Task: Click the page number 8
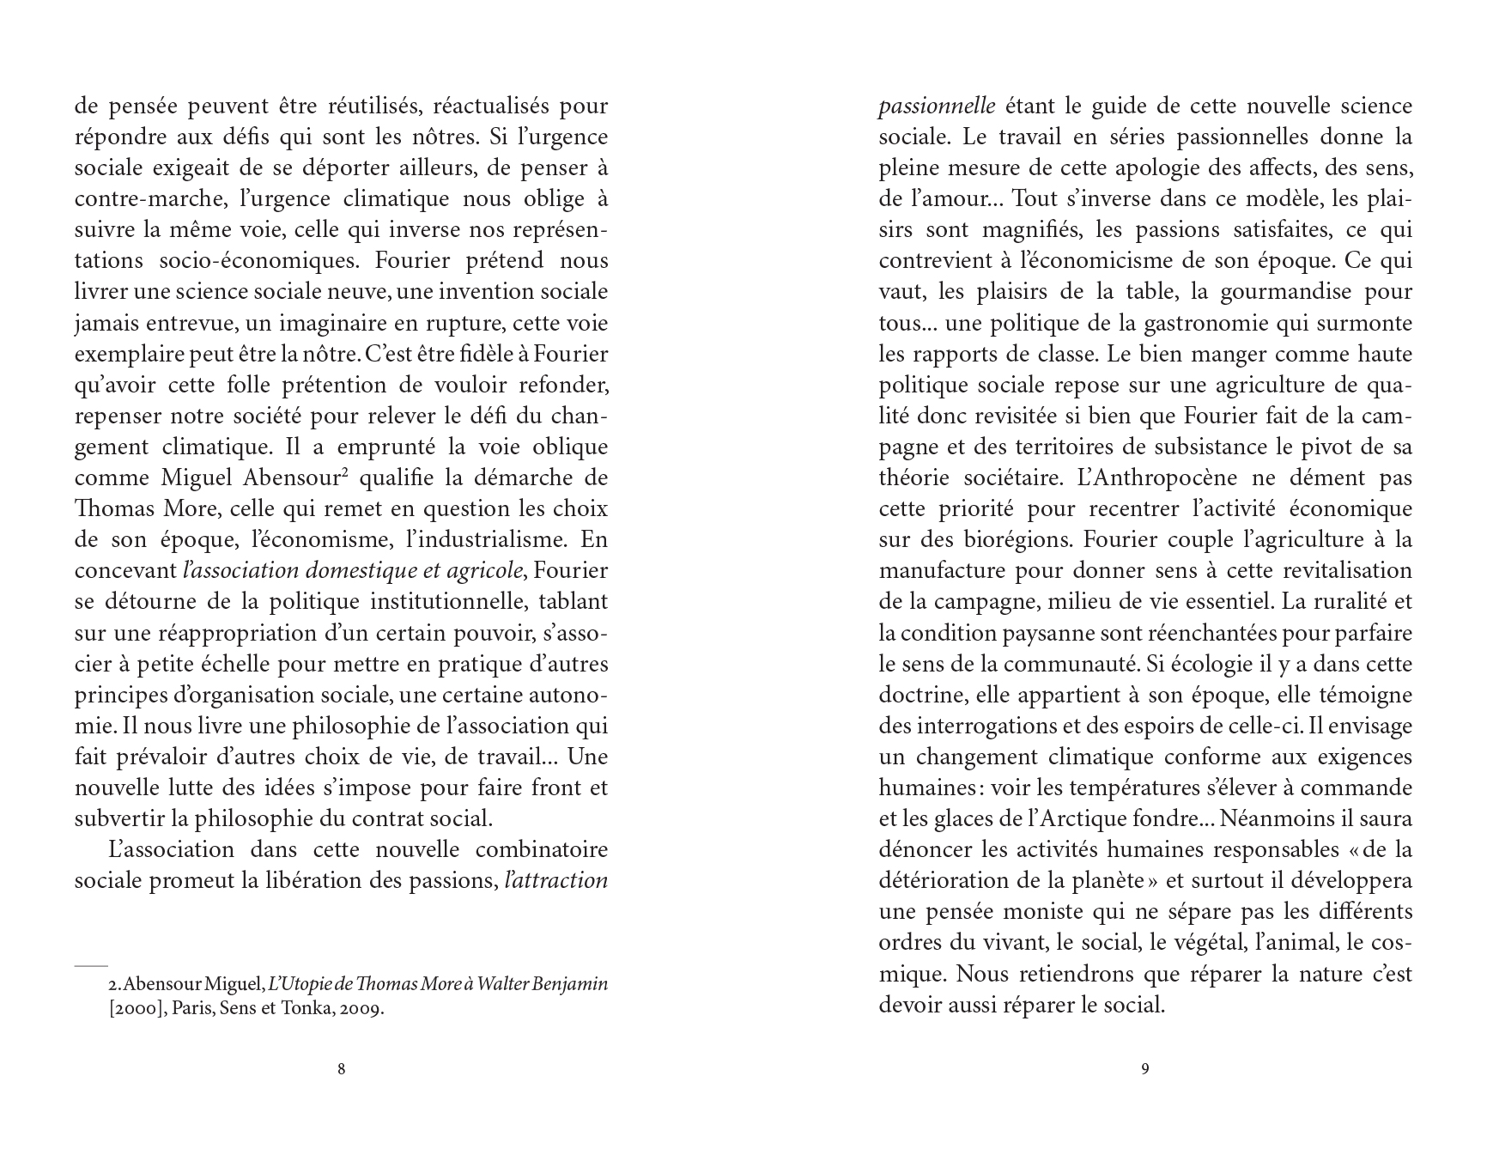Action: (x=342, y=1069)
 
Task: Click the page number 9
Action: (x=1145, y=1069)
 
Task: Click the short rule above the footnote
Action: (x=91, y=966)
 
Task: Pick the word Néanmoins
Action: (x=1283, y=819)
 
